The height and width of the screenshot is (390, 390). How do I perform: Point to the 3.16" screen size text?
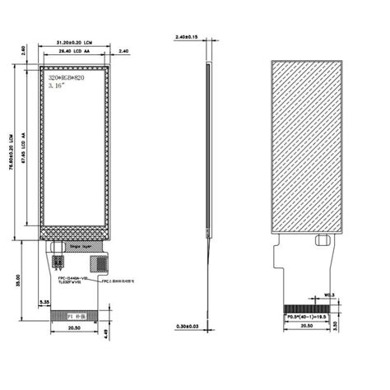(58, 84)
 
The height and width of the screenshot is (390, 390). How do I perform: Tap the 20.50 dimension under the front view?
(74, 327)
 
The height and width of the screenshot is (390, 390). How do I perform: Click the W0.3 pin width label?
(327, 295)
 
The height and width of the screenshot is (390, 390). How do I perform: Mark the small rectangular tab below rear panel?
(321, 241)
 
